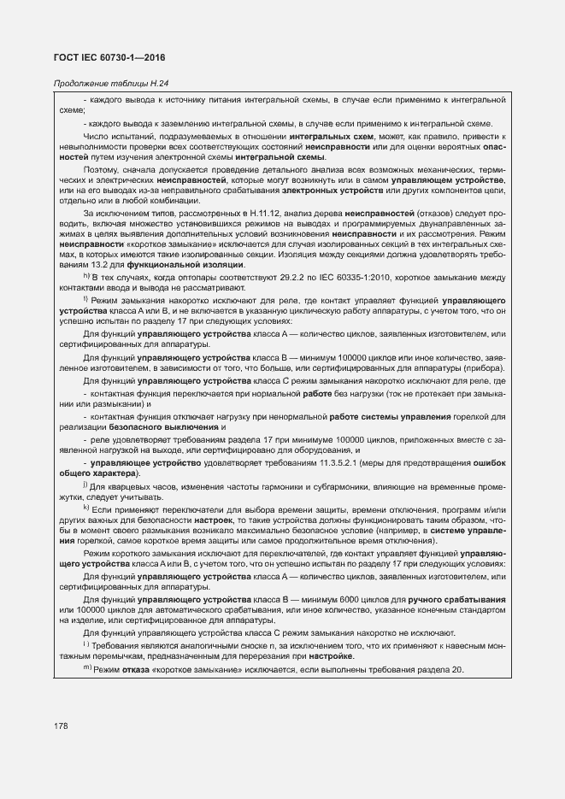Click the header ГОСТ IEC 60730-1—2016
click(x=109, y=57)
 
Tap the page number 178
click(x=61, y=726)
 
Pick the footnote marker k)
click(x=86, y=508)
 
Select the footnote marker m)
click(x=87, y=668)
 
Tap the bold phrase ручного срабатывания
click(x=456, y=600)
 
